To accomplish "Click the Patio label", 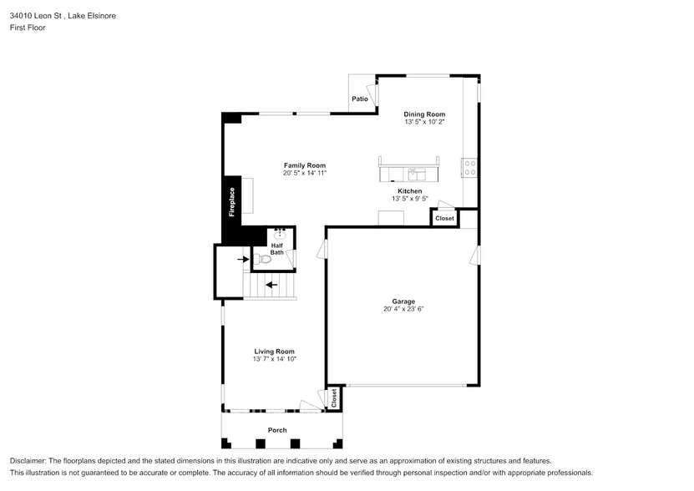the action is [360, 99].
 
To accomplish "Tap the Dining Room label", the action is [424, 114].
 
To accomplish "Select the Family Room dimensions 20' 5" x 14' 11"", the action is [305, 173].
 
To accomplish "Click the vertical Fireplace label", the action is [232, 202].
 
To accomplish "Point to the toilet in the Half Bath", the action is [262, 259].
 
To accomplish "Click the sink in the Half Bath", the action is [280, 234].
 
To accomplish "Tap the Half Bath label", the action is [277, 249].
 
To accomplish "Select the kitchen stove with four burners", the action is [469, 168].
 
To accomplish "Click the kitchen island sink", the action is [417, 175].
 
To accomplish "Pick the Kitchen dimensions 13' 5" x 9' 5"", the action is [410, 199].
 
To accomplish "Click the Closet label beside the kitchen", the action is [444, 218].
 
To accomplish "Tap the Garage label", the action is [403, 301].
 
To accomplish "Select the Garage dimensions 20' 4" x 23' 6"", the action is [403, 309].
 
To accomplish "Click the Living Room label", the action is [275, 352].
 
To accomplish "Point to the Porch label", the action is [277, 430].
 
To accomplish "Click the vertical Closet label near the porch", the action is [334, 398].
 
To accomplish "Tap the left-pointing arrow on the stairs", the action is [271, 285].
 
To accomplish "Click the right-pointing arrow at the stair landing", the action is [243, 259].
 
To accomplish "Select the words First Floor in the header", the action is [28, 28].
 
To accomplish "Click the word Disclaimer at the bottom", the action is [27, 461].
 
